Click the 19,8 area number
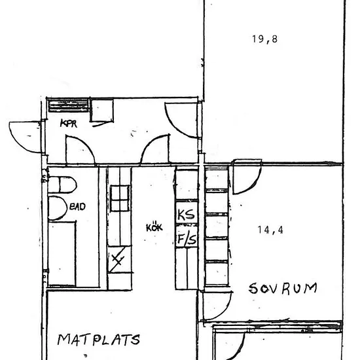click(x=264, y=39)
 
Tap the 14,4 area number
click(x=270, y=230)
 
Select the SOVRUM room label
click(x=283, y=289)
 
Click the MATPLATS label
click(x=98, y=340)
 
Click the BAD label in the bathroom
click(x=77, y=206)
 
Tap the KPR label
click(x=69, y=124)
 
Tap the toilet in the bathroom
click(x=62, y=185)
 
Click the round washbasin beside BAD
click(x=57, y=208)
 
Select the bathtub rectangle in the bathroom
click(x=62, y=254)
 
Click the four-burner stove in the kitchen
click(x=120, y=198)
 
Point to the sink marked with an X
click(x=119, y=259)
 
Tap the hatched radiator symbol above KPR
click(x=69, y=105)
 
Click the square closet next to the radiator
click(x=102, y=110)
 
